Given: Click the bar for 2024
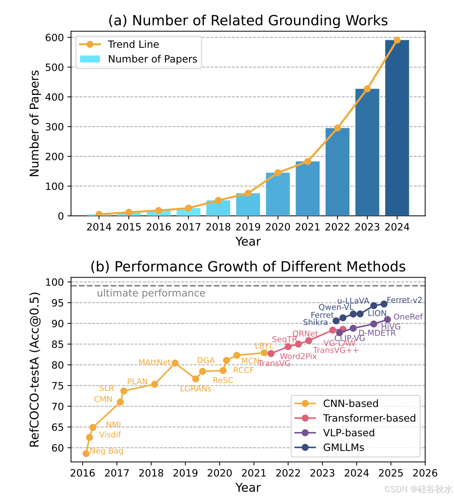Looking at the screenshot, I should [397, 128].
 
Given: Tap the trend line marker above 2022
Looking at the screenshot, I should [338, 128].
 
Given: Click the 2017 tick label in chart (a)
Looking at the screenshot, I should [188, 227].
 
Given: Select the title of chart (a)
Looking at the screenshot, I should [248, 20].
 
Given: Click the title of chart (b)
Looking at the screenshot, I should [248, 266].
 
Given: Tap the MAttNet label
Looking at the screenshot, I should [154, 362].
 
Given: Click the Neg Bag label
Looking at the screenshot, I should [107, 451].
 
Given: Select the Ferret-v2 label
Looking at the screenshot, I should [404, 300].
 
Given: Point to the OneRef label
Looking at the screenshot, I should [408, 317].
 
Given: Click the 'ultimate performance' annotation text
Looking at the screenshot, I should [151, 293].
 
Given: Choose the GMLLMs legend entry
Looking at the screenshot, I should [343, 448].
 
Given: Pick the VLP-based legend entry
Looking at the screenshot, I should [349, 433].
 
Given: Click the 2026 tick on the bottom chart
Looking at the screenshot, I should [425, 473].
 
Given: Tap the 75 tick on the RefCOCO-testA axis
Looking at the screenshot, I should [58, 386].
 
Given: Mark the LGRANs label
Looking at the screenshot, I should [195, 389].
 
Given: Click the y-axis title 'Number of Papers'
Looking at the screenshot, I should [35, 123].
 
